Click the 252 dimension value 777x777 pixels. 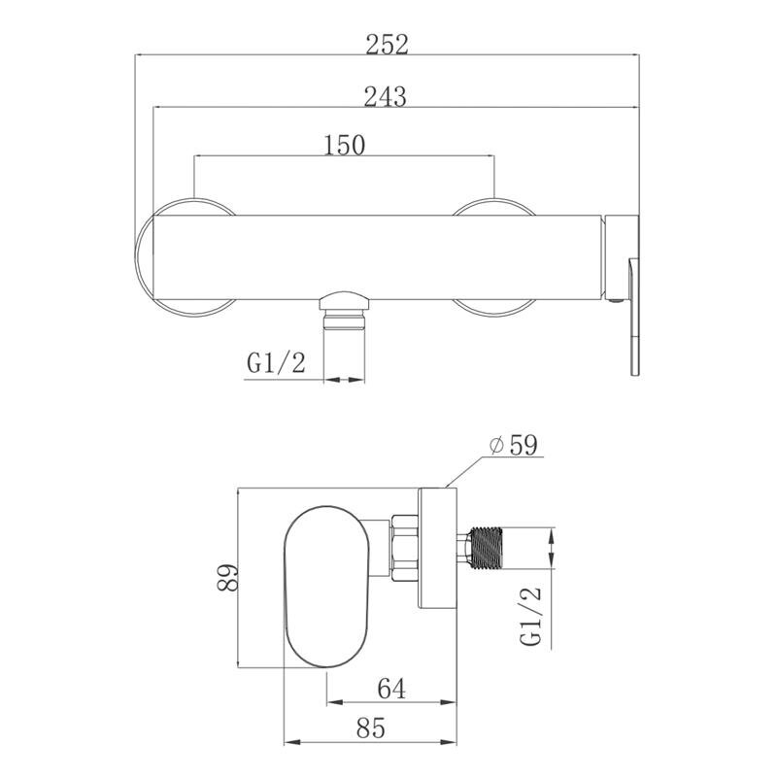[387, 44]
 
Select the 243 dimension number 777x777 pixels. [385, 96]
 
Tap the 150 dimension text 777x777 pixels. [345, 145]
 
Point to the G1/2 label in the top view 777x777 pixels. [276, 363]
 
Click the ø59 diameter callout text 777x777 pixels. [514, 445]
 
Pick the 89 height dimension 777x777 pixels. [228, 577]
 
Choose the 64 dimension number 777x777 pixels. [391, 689]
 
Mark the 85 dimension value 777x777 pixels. [371, 727]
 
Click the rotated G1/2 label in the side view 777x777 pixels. [530, 616]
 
